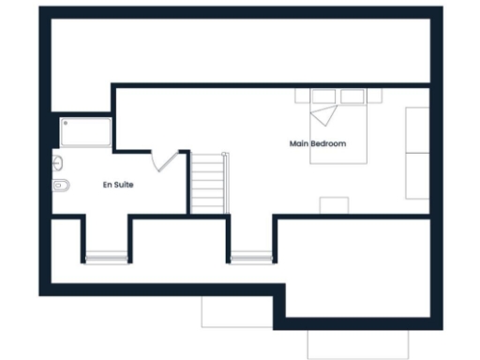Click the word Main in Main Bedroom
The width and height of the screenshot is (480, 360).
tap(300, 143)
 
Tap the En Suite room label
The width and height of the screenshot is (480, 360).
tap(118, 185)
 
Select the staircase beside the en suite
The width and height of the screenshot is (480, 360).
tap(209, 184)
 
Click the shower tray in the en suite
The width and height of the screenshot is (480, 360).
tap(87, 132)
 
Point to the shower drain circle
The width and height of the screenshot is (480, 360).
tap(66, 123)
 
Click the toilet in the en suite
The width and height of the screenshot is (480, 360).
tap(59, 185)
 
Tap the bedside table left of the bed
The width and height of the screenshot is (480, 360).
tap(302, 95)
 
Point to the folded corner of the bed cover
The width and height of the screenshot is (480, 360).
tap(323, 115)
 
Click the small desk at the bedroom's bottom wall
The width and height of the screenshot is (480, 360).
tap(334, 206)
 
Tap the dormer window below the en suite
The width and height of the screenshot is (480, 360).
tap(105, 255)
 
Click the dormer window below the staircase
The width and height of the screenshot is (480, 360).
tap(249, 255)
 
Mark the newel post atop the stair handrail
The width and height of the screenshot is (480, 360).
tap(224, 155)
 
